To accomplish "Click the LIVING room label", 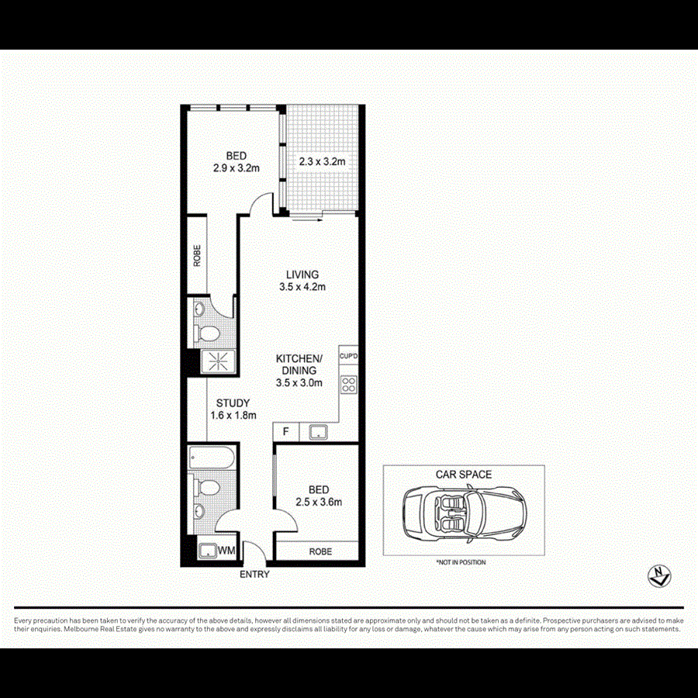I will point(302,275).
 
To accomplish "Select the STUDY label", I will point(232,403).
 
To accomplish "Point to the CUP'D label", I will point(348,357).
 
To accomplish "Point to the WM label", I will point(226,551).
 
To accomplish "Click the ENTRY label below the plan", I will point(254,575).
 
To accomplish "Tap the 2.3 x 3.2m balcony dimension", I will point(322,162).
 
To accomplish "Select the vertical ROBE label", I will point(198,255).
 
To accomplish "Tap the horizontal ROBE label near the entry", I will point(320,551).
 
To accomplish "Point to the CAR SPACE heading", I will point(464,475).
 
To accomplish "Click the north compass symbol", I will point(659,575).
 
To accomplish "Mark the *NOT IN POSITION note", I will point(461,562).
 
